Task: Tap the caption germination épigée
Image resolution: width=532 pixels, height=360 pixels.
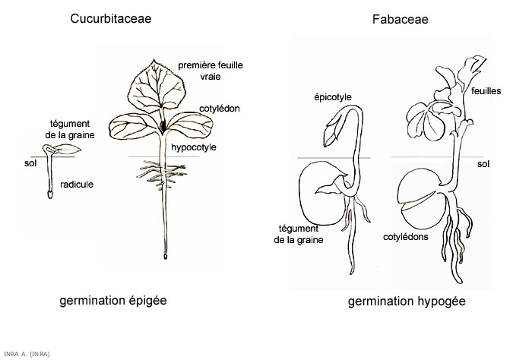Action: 112,300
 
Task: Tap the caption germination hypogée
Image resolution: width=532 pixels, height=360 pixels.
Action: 407,302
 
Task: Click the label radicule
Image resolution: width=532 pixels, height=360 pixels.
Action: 78,185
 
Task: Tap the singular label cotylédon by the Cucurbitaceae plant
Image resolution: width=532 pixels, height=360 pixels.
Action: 220,109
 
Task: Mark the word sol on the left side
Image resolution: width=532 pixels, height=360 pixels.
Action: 30,162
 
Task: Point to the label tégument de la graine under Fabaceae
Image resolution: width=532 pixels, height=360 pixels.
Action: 300,234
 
